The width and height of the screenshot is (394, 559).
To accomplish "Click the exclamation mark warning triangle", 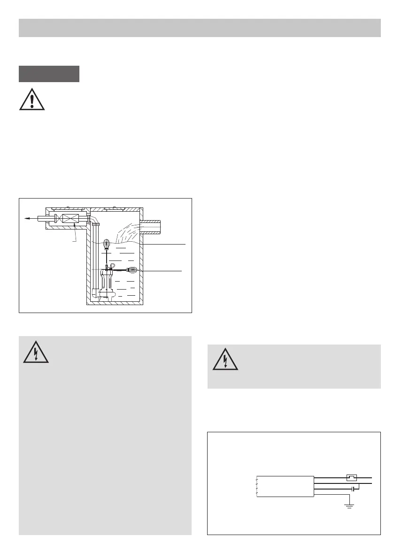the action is pyautogui.click(x=32, y=99).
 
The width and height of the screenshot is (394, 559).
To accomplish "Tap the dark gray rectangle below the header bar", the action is pyautogui.click(x=49, y=74).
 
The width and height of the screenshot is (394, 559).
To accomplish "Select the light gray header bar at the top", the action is pyautogui.click(x=200, y=28).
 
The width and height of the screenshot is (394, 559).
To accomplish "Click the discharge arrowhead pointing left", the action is pyautogui.click(x=28, y=218).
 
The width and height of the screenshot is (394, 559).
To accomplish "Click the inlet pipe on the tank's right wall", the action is pyautogui.click(x=150, y=227).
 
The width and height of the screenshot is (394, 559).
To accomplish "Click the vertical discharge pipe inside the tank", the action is pyautogui.click(x=96, y=258).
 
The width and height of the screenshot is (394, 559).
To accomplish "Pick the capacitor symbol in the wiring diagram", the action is pyautogui.click(x=353, y=489).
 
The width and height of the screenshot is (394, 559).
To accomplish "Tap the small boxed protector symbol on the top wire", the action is pyautogui.click(x=351, y=478).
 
